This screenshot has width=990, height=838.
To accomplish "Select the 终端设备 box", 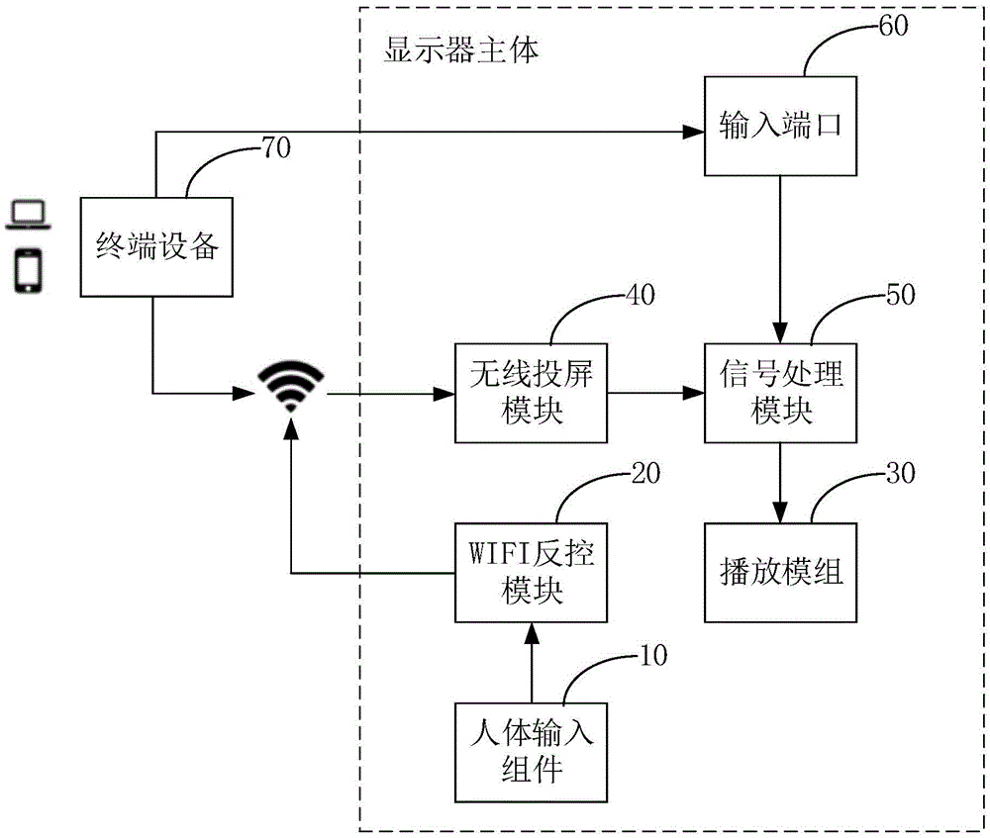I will (154, 246).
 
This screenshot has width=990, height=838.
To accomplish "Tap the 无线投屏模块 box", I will (532, 393).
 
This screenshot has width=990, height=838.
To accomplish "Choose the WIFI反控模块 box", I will (532, 573).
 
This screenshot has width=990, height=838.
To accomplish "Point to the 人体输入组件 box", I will (532, 752).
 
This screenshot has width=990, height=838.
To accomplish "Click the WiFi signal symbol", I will (290, 387).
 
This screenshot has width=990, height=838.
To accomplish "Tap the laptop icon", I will (28, 215).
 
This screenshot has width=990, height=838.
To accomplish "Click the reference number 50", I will (899, 294).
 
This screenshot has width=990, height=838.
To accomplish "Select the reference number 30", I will (899, 472).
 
